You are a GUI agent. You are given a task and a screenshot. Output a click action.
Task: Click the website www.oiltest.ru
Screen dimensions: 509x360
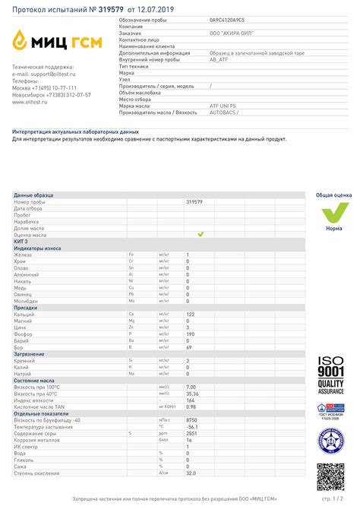click(x=30, y=103)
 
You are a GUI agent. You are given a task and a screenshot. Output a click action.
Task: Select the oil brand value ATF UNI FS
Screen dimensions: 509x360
click(x=222, y=106)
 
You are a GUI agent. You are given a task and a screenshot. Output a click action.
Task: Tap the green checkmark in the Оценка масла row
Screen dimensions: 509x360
click(x=201, y=235)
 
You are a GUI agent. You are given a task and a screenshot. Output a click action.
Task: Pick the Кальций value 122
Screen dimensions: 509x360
click(x=191, y=314)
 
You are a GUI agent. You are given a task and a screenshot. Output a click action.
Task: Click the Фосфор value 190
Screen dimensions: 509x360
click(x=191, y=334)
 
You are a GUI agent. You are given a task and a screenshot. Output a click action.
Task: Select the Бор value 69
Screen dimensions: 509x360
click(x=189, y=347)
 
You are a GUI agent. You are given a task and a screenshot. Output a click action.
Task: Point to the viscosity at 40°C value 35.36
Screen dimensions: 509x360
click(x=192, y=394)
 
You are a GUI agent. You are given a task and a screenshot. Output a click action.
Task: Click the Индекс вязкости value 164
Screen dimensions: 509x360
click(x=191, y=400)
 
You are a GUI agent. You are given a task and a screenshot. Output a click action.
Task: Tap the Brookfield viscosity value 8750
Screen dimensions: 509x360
click(x=192, y=419)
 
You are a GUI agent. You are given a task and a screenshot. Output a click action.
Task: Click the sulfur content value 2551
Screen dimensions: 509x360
click(x=191, y=433)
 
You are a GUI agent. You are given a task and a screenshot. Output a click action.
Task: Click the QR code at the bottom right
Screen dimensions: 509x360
click(x=331, y=476)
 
